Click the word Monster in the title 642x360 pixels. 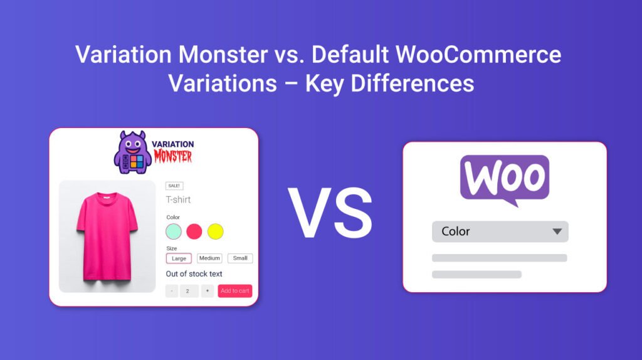pos(223,55)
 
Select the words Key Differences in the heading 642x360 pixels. pos(389,83)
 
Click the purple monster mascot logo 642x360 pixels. pos(132,152)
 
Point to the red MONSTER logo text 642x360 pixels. pos(173,157)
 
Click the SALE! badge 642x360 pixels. pos(174,186)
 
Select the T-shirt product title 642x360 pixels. pos(178,199)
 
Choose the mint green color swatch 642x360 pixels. pos(174,231)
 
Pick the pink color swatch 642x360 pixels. pos(194,231)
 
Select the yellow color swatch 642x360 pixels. pos(215,231)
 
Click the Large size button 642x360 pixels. pos(179,258)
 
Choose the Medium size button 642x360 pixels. pos(209,258)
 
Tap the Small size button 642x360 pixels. pos(240,258)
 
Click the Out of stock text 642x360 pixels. pos(194,274)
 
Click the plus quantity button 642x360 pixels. pos(208,291)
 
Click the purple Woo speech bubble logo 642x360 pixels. pos(504,180)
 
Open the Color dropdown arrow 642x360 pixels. pos(557,231)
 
